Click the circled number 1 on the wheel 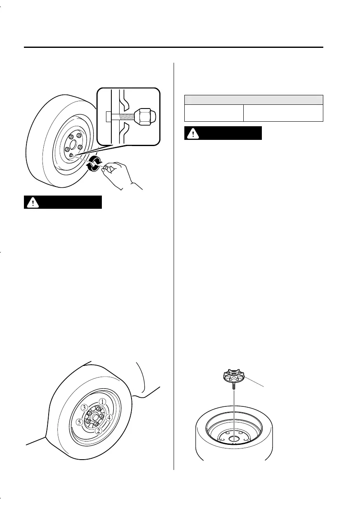103,401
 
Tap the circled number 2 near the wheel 98,431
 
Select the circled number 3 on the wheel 84,408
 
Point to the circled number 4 109,417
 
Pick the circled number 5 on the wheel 79,422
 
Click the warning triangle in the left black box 32,202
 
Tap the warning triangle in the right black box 192,133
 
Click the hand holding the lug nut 120,173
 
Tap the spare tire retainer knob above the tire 233,376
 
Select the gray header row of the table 253,99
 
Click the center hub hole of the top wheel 73,145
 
